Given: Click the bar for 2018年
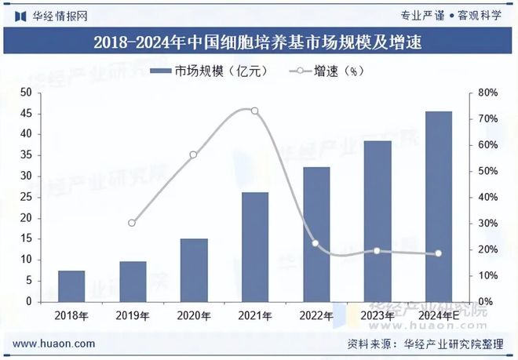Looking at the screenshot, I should [x=71, y=286].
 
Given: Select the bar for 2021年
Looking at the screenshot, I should [x=255, y=247].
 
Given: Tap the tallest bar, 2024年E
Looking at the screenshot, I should [x=439, y=206].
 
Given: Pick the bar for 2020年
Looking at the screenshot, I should [x=194, y=270].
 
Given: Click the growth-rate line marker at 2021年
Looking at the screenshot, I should [x=254, y=111].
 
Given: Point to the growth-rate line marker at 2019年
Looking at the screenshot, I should [x=132, y=224].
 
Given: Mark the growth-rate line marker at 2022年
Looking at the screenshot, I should [x=316, y=243].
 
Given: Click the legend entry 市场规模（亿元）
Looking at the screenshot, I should [x=210, y=71].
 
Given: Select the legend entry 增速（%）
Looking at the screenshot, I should [x=325, y=71].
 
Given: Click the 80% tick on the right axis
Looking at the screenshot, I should [x=487, y=93].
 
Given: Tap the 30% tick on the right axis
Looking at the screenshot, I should [x=487, y=224].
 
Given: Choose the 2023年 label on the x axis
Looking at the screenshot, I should [x=378, y=316].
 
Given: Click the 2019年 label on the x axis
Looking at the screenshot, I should [x=133, y=316].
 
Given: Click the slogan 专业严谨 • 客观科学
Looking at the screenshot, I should [x=451, y=15].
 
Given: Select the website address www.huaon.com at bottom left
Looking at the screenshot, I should [x=55, y=344].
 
